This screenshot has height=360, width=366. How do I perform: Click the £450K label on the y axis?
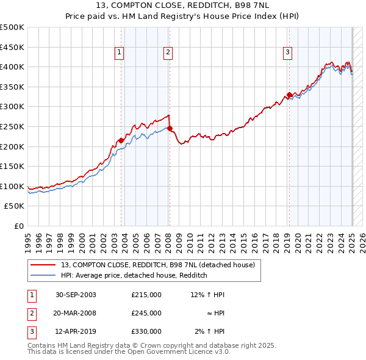12,47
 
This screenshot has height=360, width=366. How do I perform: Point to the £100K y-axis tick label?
12,186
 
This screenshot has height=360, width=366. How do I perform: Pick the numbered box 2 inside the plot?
167,53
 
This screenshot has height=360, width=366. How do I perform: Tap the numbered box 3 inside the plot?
287,53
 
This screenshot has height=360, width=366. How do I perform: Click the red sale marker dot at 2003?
121,140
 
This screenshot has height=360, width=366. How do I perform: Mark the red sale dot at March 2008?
170,128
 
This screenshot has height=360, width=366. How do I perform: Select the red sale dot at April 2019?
289,95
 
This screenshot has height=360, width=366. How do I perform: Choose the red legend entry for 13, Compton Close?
161,265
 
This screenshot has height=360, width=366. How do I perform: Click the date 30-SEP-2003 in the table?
76,295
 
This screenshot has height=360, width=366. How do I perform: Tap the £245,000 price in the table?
146,313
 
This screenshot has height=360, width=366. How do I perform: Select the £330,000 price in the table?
146,331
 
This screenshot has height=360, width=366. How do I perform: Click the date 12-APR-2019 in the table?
76,331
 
